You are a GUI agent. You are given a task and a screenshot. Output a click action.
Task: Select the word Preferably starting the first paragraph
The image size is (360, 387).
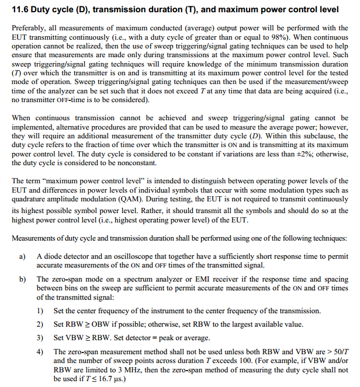click(29, 28)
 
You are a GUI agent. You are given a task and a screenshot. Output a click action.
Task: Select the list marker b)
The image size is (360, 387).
click(23, 279)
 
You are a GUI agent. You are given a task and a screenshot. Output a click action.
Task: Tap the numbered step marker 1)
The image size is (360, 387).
click(40, 310)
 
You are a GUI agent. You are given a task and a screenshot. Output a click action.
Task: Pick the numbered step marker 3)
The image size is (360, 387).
click(40, 337)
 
